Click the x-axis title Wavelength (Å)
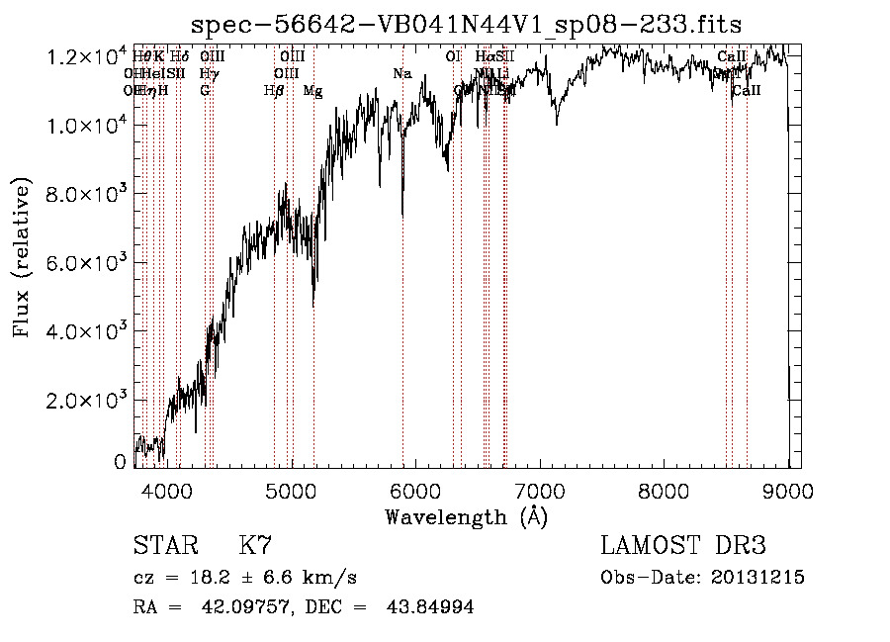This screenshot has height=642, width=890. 465,516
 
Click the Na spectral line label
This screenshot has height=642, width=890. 401,74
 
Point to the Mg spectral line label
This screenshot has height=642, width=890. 312,91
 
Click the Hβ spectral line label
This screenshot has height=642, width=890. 274,91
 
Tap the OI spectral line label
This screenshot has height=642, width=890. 453,57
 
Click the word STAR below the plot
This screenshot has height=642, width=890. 164,547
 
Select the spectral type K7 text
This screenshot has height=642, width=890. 255,547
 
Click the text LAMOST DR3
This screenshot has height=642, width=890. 682,547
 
